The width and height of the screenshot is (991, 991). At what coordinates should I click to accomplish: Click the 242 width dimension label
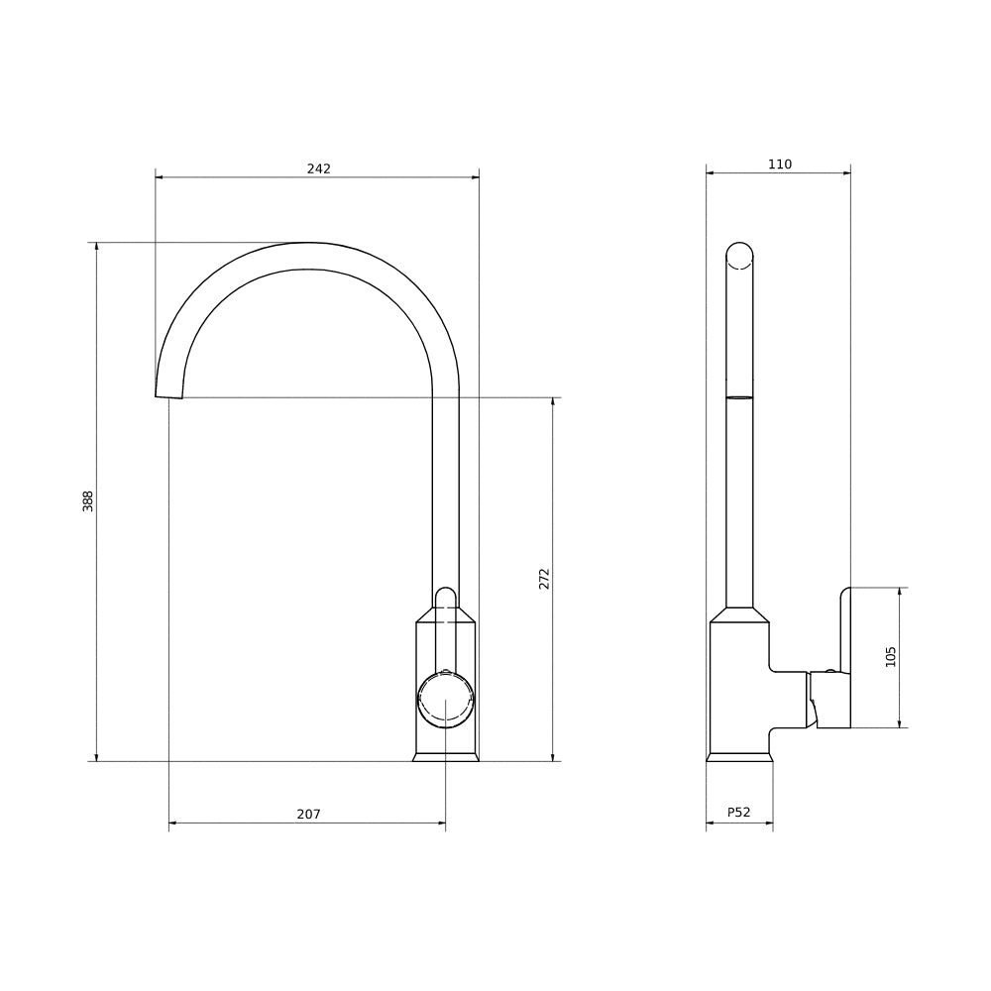318,168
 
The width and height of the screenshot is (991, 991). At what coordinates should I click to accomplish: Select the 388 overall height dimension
88,500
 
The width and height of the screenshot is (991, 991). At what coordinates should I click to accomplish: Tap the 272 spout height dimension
544,579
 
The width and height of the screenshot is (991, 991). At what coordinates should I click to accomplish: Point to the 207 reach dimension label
308,815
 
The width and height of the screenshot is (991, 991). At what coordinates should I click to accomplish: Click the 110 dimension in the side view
780,165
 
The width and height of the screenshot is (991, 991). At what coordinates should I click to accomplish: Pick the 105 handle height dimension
891,656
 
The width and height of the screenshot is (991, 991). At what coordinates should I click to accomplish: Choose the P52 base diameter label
738,813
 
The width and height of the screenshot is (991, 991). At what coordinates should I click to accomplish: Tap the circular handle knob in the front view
445,700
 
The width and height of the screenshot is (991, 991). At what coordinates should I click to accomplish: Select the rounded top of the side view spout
739,255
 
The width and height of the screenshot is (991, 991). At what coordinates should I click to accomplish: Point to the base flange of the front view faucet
445,757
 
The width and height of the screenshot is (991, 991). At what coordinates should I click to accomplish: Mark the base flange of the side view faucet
739,757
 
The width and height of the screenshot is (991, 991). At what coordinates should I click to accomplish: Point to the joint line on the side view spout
739,397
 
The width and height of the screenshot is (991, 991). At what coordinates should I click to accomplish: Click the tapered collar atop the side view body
739,614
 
